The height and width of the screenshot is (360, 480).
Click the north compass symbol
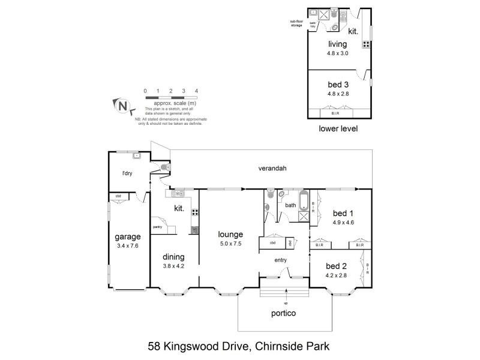(122, 106)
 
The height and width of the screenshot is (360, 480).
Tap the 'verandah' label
(272, 169)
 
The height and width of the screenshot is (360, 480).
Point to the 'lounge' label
(230, 234)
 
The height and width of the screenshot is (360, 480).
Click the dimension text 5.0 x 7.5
(230, 244)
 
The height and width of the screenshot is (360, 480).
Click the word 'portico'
(285, 313)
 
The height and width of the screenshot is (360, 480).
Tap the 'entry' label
(280, 260)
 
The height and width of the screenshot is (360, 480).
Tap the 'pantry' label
(158, 227)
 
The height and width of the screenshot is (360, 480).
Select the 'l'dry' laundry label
(127, 174)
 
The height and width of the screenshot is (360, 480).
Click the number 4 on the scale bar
(197, 91)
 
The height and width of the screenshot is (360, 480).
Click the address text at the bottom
(239, 346)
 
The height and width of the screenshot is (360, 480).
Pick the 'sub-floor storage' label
(296, 23)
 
